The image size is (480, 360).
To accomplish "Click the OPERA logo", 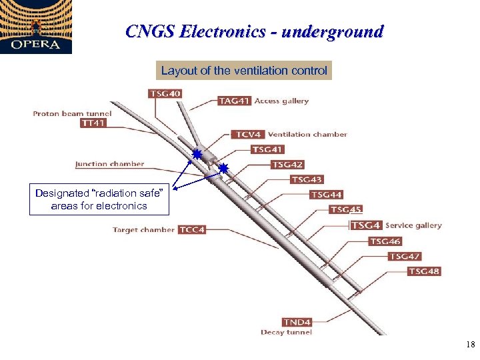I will [x=35, y=27].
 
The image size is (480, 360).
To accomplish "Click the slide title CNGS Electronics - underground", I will [x=255, y=32].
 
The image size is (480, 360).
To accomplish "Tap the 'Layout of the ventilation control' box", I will [x=244, y=70].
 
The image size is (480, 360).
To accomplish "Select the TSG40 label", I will [x=165, y=93].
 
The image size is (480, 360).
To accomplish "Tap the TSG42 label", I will [x=288, y=165].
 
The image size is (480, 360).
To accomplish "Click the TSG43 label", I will [x=307, y=179].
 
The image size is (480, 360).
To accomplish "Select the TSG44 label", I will [x=327, y=195].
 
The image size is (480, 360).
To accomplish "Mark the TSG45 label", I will [x=347, y=209].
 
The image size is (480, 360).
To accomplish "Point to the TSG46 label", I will [x=386, y=241].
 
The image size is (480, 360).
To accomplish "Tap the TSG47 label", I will [x=405, y=256].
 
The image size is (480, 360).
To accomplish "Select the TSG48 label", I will [x=425, y=271].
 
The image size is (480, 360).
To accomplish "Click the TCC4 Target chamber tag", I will [x=192, y=230].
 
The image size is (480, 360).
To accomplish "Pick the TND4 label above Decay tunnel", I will [x=297, y=322].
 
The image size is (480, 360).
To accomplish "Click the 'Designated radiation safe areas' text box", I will [x=99, y=199].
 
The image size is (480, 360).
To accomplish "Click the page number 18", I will [x=470, y=345].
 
